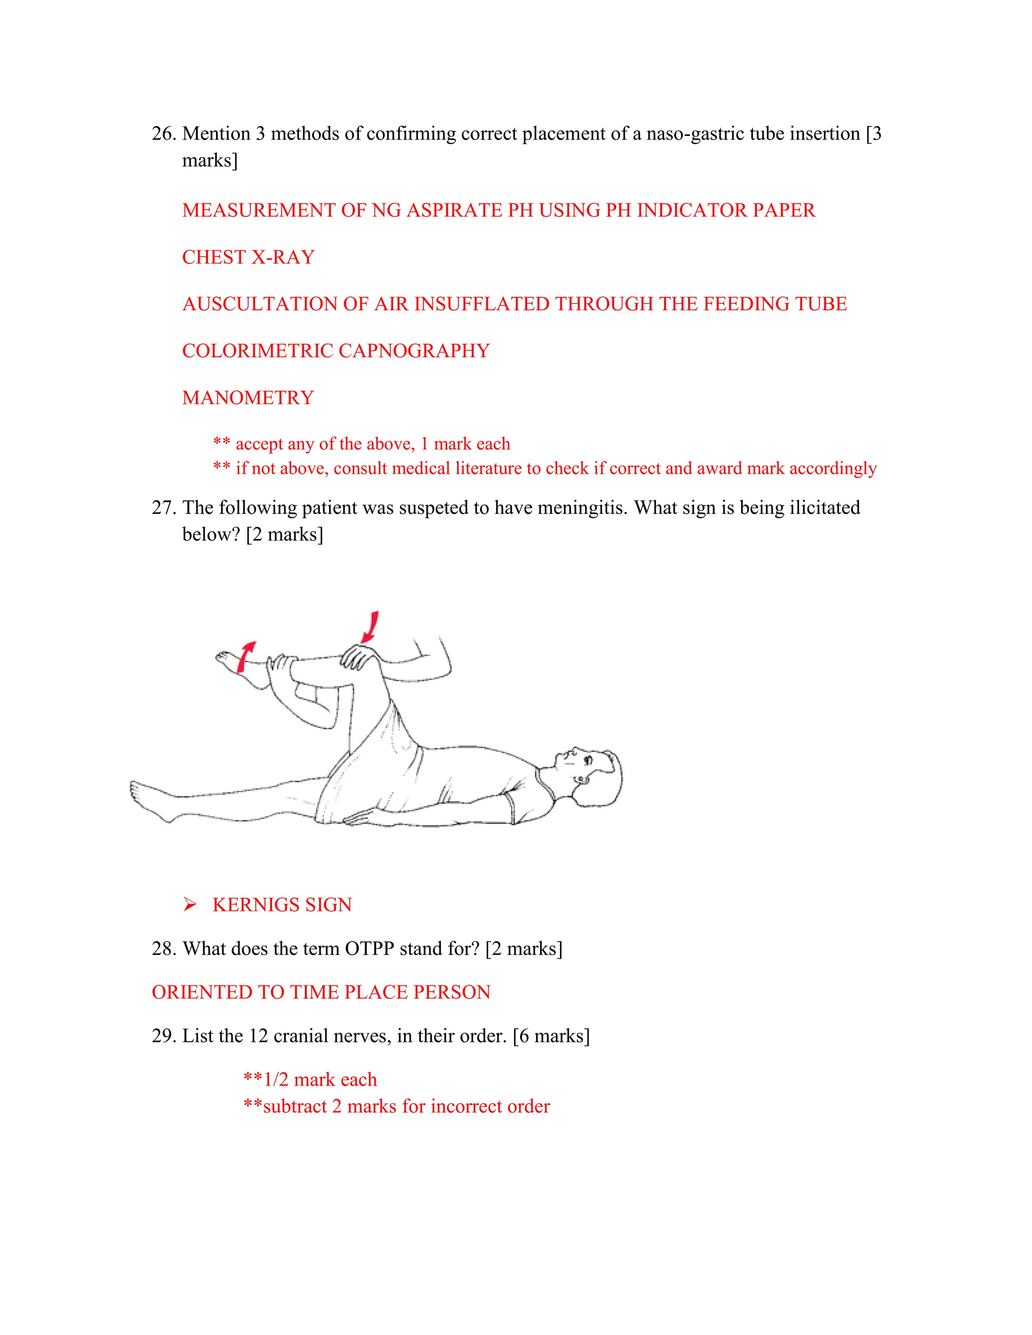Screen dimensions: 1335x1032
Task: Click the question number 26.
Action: click(x=164, y=134)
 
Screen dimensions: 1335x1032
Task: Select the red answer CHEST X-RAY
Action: click(x=248, y=257)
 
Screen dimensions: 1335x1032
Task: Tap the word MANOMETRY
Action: click(x=247, y=398)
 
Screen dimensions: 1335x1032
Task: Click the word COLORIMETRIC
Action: click(x=257, y=351)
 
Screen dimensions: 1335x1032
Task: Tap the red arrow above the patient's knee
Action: click(x=370, y=627)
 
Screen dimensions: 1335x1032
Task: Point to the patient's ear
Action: click(x=582, y=780)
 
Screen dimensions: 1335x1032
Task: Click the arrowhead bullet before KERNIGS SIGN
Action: click(x=189, y=905)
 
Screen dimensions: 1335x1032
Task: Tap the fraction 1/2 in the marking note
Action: click(x=276, y=1080)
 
